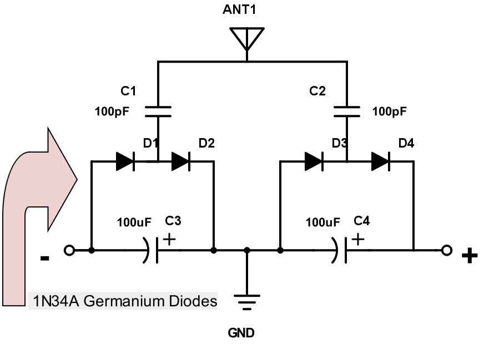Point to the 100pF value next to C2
(x=389, y=111)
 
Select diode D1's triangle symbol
(x=125, y=161)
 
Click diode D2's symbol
(x=181, y=161)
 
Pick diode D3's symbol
(x=314, y=161)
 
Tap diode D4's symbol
(x=381, y=161)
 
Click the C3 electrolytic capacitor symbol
(x=153, y=250)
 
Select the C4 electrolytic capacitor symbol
(x=341, y=250)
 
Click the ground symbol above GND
(x=247, y=302)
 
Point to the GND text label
(x=241, y=333)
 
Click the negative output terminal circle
(x=69, y=250)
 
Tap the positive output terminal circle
(x=447, y=250)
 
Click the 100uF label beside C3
(x=134, y=223)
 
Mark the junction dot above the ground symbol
(x=247, y=250)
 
